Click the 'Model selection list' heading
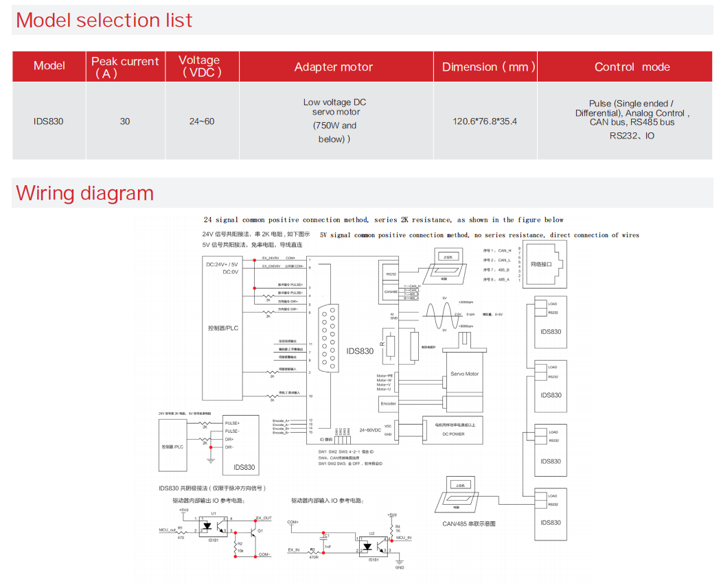(x=104, y=20)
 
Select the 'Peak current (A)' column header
(x=124, y=67)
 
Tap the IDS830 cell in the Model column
(x=48, y=121)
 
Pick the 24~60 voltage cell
(x=202, y=121)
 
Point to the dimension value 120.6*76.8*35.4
(x=485, y=121)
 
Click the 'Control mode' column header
(x=632, y=67)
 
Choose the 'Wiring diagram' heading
(x=85, y=193)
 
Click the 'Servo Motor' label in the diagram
(x=465, y=374)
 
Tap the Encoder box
(x=388, y=403)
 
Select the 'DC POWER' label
(x=453, y=434)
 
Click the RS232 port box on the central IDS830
(x=391, y=274)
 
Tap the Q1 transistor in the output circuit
(x=252, y=531)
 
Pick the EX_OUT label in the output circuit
(x=264, y=518)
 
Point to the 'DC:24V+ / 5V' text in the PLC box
(x=222, y=265)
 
